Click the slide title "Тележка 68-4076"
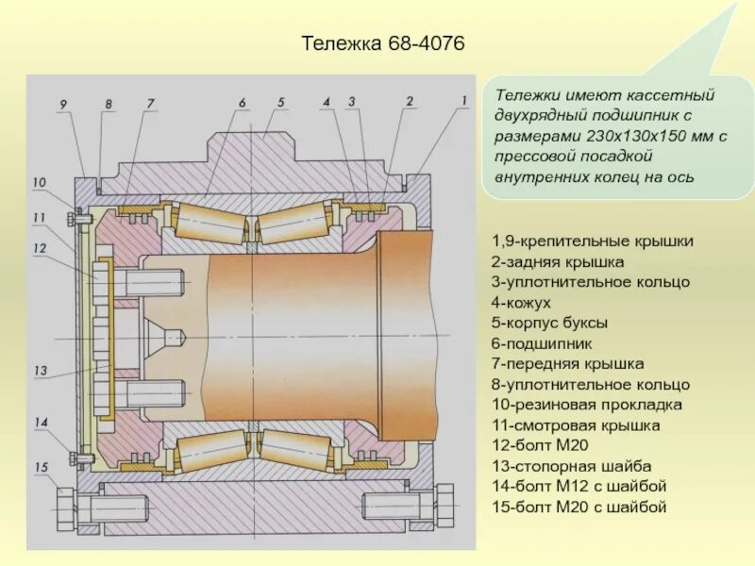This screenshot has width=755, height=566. click(383, 44)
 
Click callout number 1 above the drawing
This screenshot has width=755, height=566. click(464, 100)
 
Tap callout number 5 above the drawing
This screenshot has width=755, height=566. click(280, 102)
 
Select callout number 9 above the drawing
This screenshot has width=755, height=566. click(62, 104)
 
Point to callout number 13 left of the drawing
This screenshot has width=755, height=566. click(40, 371)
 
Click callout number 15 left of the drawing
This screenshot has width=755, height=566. click(41, 467)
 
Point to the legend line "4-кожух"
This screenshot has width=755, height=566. click(521, 302)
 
